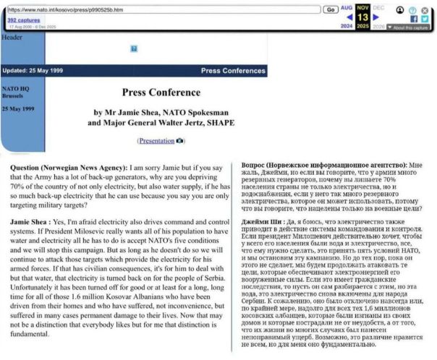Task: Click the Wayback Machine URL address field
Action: [159, 10]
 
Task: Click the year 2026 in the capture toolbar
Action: [378, 27]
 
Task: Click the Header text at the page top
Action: [12, 37]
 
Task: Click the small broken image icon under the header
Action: [134, 48]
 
